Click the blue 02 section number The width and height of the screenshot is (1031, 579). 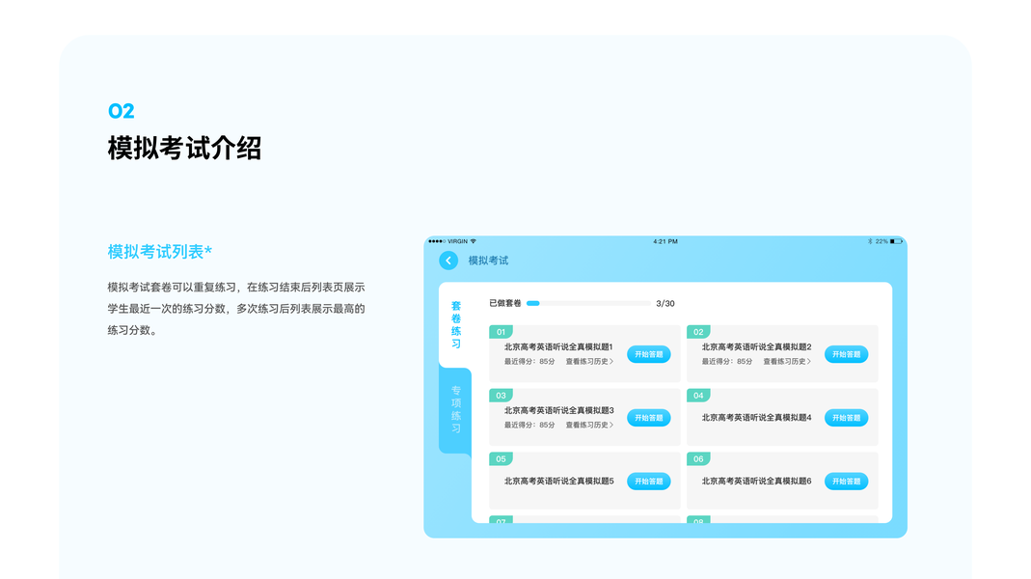122,111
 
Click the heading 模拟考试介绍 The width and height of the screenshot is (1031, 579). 184,149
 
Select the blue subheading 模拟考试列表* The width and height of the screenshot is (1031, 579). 160,252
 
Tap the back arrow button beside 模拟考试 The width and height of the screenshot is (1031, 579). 448,261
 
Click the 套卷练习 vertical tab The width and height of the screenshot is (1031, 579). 456,324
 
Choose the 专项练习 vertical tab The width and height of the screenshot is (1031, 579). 456,409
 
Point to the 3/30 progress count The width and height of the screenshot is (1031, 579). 665,304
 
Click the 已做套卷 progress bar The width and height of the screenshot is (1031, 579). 588,304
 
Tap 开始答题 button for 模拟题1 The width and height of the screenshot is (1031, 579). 649,354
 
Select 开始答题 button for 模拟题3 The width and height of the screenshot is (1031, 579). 649,418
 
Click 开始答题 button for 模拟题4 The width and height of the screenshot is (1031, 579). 846,418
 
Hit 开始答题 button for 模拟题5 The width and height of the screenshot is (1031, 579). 649,482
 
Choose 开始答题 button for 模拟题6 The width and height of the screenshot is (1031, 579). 846,482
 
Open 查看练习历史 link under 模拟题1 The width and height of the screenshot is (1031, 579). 589,362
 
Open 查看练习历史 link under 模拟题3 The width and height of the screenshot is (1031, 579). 589,426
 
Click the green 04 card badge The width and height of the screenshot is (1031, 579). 698,396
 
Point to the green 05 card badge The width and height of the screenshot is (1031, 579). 501,459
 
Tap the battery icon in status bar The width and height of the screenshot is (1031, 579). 896,241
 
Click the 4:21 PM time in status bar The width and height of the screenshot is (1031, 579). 665,241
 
